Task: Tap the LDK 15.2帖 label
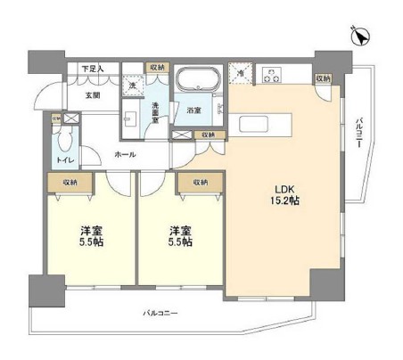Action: (x=284, y=193)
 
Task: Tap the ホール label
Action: (x=124, y=154)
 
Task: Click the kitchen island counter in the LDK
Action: (x=259, y=124)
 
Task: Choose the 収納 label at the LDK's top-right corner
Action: (x=323, y=78)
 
